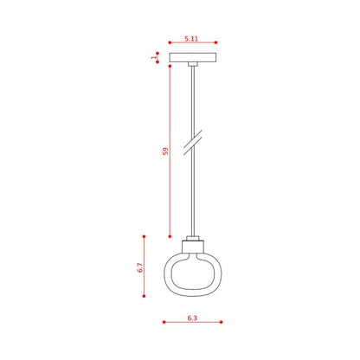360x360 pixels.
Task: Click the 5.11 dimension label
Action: point(191,38)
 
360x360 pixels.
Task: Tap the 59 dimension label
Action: point(165,151)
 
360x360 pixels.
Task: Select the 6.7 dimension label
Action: point(140,267)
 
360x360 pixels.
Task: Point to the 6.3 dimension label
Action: point(192,318)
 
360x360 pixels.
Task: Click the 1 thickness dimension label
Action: point(153,57)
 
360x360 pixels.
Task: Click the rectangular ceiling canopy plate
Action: point(193,57)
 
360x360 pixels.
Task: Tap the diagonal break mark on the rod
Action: point(193,143)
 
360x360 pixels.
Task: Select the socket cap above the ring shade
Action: point(193,247)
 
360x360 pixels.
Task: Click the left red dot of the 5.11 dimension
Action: point(170,42)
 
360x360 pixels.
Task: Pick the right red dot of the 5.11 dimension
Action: point(216,42)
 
